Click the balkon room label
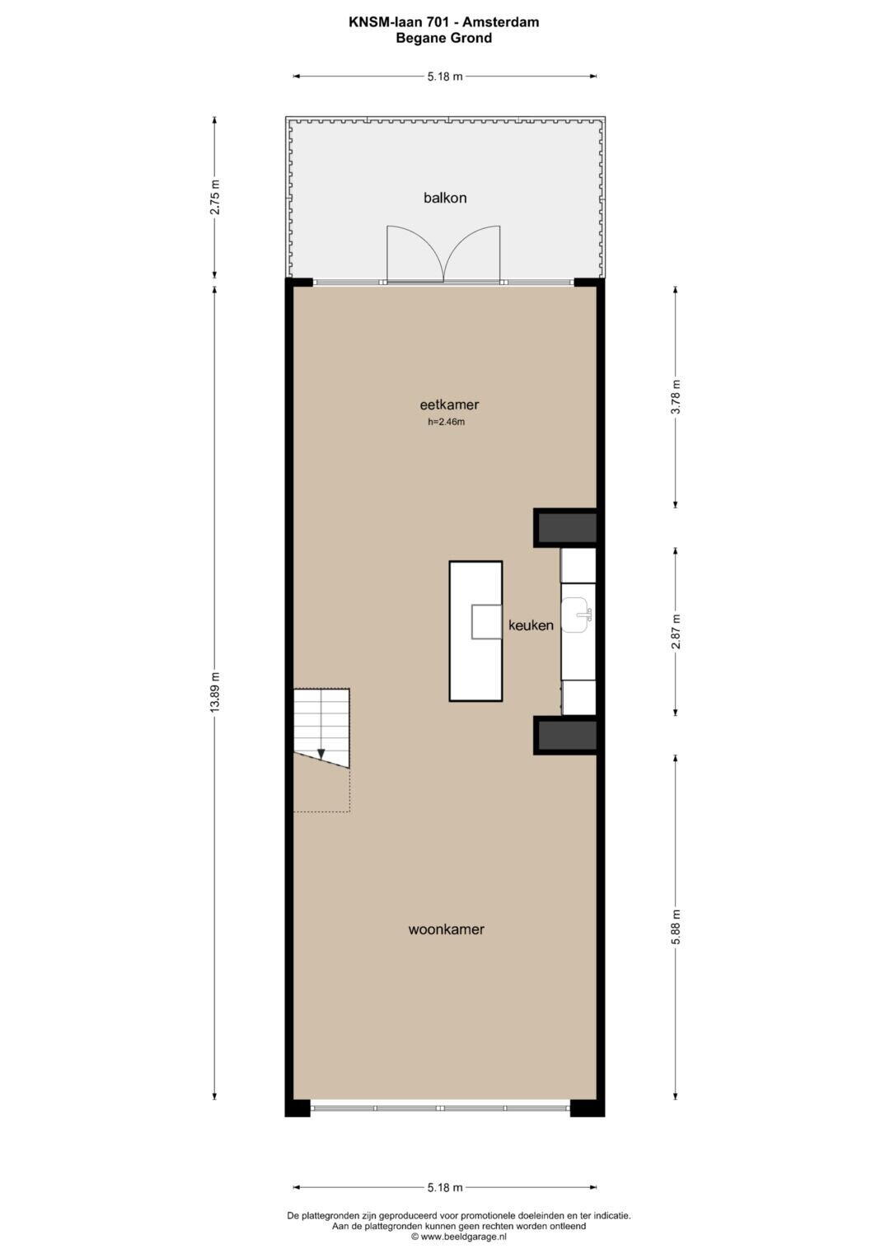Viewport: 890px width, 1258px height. pos(445,198)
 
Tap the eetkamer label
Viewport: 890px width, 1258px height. pos(449,405)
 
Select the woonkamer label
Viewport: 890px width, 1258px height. pos(446,929)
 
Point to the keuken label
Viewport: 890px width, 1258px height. pos(531,625)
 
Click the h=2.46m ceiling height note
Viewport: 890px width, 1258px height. pos(446,422)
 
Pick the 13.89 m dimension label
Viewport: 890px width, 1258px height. pos(214,693)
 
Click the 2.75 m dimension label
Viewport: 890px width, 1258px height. pos(214,197)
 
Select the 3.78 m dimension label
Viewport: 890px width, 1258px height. pos(676,396)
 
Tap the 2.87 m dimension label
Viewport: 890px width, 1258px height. pos(676,631)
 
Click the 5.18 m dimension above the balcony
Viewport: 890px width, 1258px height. pos(445,77)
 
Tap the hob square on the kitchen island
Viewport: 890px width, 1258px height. pos(486,621)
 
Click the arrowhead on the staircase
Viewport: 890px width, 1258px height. pos(321,755)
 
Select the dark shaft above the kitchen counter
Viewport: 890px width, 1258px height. pos(567,528)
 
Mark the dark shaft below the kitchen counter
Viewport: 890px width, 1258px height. pos(567,735)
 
